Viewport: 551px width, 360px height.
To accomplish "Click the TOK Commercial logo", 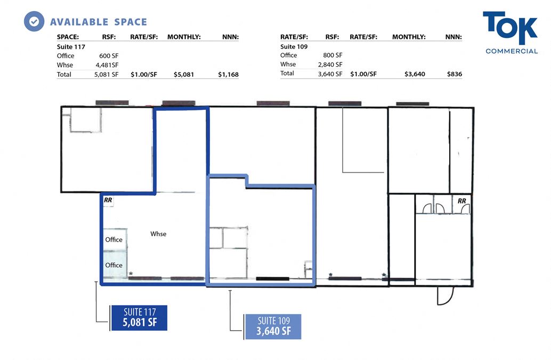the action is (x=511, y=33).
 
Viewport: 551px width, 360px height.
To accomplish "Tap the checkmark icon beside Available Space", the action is (x=34, y=21).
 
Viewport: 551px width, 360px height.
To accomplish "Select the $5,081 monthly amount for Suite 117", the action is (x=184, y=75).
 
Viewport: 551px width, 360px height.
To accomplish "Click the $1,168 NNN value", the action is (x=229, y=75).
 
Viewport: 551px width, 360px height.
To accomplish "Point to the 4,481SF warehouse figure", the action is (x=107, y=65).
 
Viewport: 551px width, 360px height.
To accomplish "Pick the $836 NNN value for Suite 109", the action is (x=455, y=74).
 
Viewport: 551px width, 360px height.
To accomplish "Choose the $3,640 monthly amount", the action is (x=415, y=74).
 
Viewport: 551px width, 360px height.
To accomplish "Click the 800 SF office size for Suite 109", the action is (x=333, y=55).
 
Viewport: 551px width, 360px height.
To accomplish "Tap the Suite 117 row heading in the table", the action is (x=71, y=47).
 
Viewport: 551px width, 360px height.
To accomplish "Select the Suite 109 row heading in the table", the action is (x=294, y=46).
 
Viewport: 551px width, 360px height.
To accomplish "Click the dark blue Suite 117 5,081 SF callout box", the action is (x=139, y=318).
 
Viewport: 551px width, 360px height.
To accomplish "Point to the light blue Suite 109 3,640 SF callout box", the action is (x=273, y=326).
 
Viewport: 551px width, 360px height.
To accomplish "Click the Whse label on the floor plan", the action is (x=158, y=234).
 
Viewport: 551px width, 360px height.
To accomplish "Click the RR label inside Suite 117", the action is (x=108, y=200).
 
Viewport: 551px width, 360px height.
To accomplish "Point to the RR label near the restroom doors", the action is (x=462, y=201).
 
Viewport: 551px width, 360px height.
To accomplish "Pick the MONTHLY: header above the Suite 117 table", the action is (x=184, y=37).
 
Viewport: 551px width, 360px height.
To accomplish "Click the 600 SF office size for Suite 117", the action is (x=109, y=56).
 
